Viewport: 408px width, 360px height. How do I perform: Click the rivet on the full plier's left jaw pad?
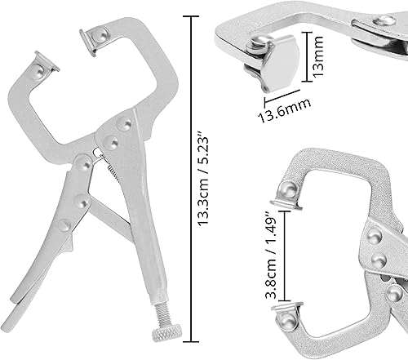41,75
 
